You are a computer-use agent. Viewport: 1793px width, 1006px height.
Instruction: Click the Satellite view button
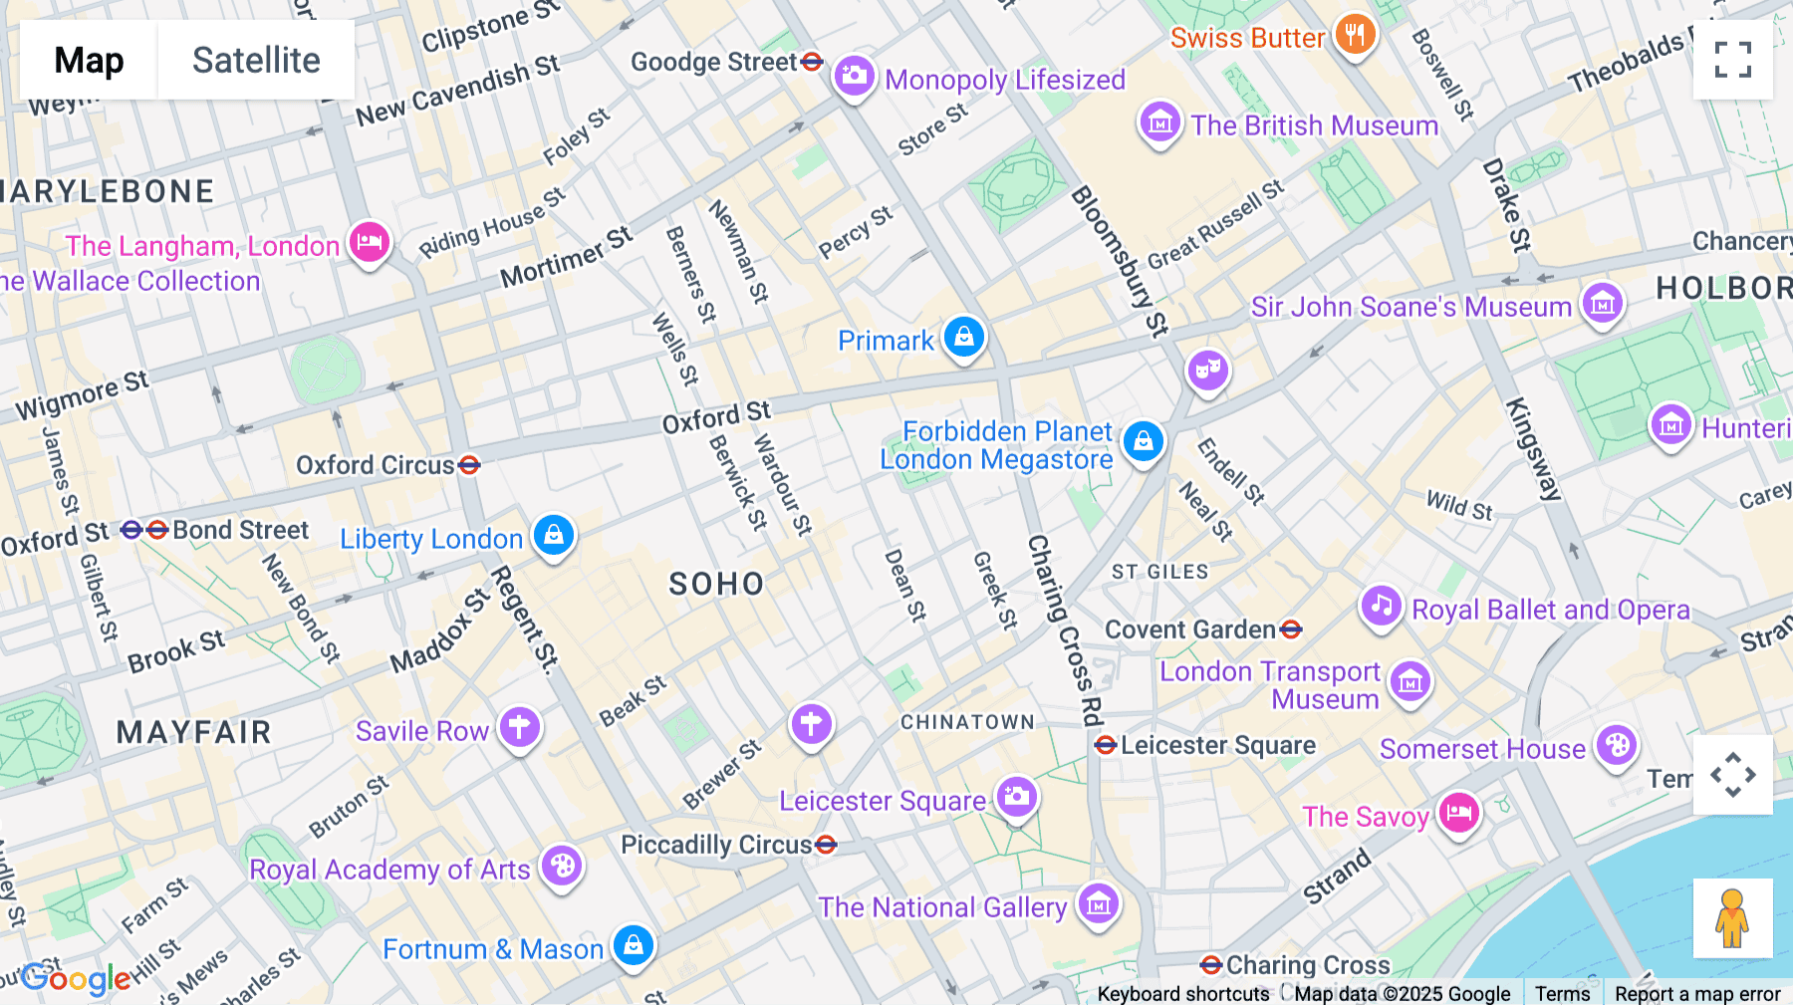(x=256, y=60)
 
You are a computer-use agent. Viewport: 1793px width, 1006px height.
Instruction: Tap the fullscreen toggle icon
(x=1732, y=60)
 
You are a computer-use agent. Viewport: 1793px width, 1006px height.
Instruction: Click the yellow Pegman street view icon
(x=1732, y=918)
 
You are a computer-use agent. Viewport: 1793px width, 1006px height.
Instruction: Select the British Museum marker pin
(x=1159, y=123)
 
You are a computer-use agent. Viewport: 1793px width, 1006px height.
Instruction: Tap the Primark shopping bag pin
(x=963, y=338)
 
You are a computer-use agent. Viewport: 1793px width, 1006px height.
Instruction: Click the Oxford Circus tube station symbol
(x=469, y=465)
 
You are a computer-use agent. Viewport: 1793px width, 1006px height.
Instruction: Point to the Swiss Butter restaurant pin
(x=1355, y=36)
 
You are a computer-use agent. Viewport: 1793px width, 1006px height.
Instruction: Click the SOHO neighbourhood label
(x=716, y=584)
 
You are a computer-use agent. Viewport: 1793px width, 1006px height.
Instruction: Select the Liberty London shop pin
(x=554, y=536)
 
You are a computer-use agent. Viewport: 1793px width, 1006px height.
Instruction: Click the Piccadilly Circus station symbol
(x=826, y=846)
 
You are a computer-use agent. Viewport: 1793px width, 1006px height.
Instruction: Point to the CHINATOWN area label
(x=967, y=722)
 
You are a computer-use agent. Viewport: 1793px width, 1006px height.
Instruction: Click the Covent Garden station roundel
(x=1291, y=629)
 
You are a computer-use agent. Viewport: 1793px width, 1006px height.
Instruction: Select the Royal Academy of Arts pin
(x=562, y=867)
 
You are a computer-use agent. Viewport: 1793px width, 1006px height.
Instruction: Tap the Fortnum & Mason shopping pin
(x=634, y=946)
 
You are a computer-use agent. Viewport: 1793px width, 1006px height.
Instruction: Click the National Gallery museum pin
(x=1099, y=904)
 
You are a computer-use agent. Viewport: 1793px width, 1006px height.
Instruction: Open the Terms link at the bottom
(x=1562, y=993)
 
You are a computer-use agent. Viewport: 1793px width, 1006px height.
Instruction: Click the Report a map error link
(x=1697, y=993)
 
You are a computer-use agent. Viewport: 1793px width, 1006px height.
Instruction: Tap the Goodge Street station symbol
(x=812, y=62)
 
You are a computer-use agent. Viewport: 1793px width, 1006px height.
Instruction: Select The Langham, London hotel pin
(x=369, y=242)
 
